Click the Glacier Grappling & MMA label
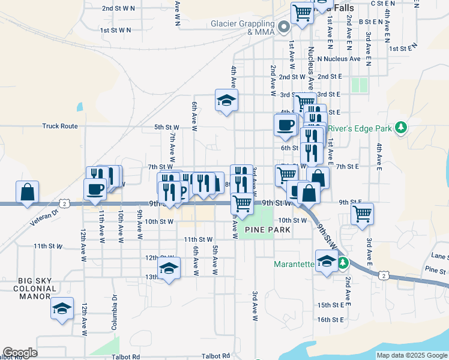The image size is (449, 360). pos(243,28)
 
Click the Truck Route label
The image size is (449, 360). pos(60,126)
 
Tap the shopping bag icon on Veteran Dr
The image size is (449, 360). pos(27,193)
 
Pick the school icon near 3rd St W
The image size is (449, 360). pos(227,100)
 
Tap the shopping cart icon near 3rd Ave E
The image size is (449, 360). pos(362,213)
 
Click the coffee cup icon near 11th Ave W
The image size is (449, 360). pos(94,190)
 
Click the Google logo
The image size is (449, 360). pos(20,353)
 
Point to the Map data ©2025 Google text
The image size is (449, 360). pos(411,355)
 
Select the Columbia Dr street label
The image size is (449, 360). pos(113,313)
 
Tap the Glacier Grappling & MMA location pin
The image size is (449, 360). pos(285,27)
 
